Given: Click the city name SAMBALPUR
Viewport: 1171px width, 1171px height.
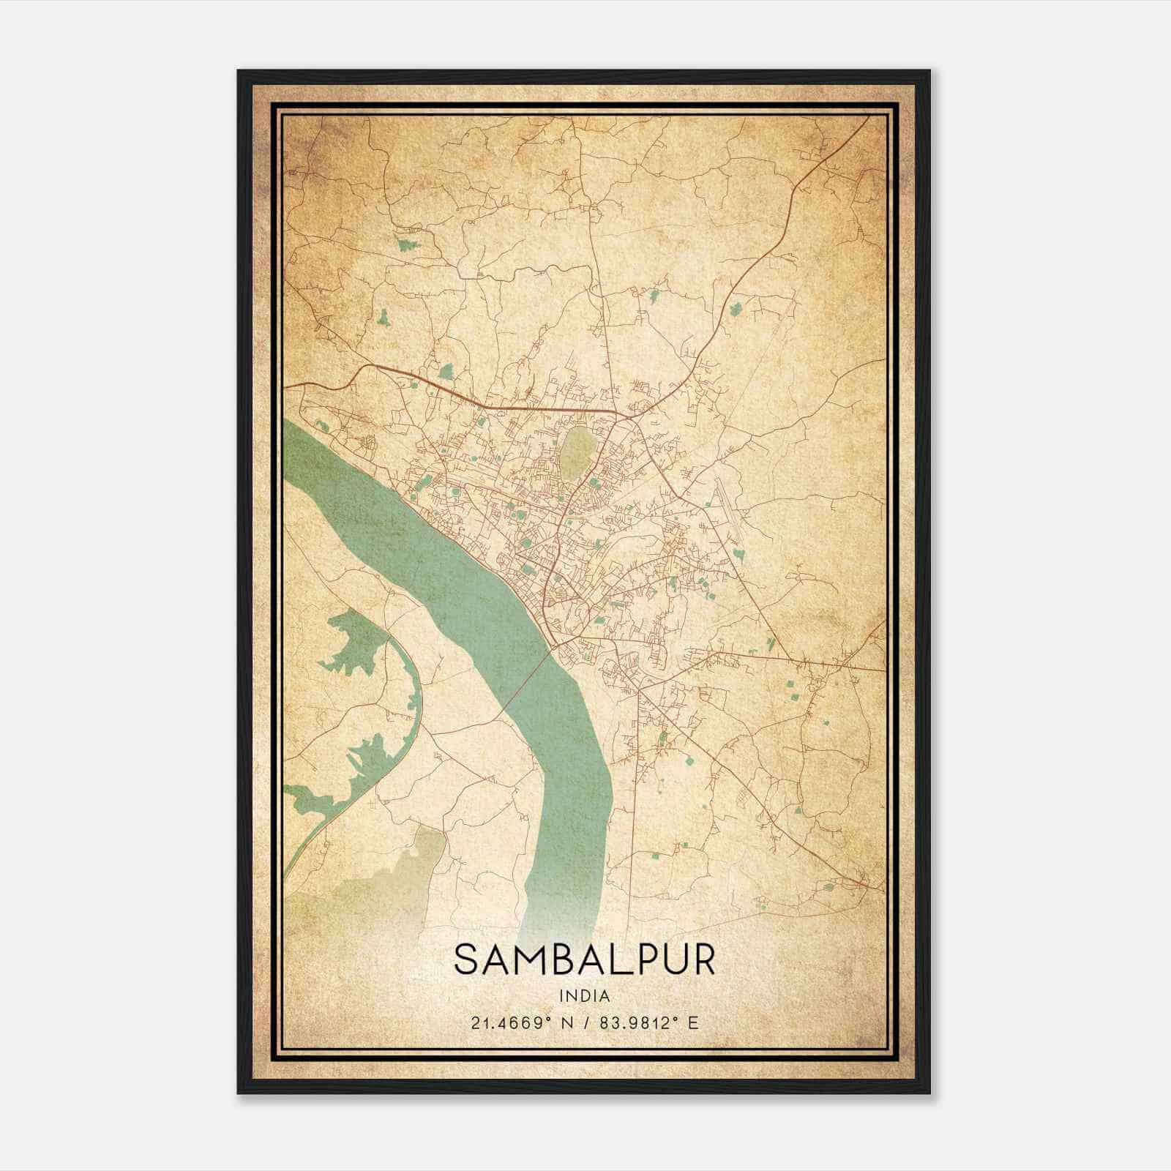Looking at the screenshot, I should (584, 959).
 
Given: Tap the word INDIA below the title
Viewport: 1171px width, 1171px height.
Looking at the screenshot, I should (584, 996).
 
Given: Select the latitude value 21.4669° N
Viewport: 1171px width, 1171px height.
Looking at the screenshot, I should (520, 1022).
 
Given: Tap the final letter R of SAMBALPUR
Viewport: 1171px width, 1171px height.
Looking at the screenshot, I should (701, 959).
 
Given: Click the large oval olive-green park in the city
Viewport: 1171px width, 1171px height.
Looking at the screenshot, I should (577, 452).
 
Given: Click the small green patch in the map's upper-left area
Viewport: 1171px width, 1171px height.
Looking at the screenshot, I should (405, 244).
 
